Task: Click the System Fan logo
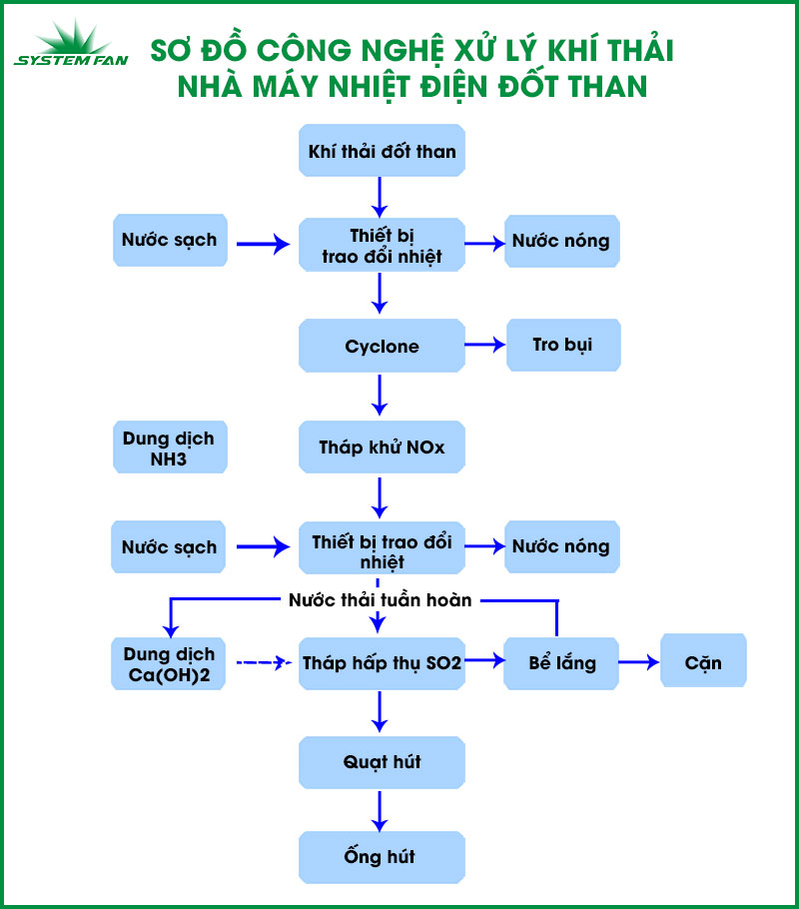(71, 44)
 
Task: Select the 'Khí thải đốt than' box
(382, 150)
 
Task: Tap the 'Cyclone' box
(382, 346)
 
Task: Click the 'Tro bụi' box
(563, 345)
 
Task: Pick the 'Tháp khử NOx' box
(382, 447)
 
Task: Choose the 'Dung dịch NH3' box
(170, 447)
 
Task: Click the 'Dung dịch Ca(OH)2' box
(168, 664)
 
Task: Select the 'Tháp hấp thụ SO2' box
(382, 664)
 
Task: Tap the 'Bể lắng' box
(561, 664)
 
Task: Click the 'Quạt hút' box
(382, 762)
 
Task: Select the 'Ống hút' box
(382, 857)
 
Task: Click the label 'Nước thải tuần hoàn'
(381, 600)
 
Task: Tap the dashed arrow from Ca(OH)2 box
(264, 661)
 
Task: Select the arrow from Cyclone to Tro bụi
(484, 345)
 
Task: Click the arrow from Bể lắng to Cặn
(638, 662)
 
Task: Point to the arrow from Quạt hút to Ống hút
(380, 811)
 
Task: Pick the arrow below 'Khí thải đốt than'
(380, 197)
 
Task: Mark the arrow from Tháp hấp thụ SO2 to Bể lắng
(484, 660)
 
